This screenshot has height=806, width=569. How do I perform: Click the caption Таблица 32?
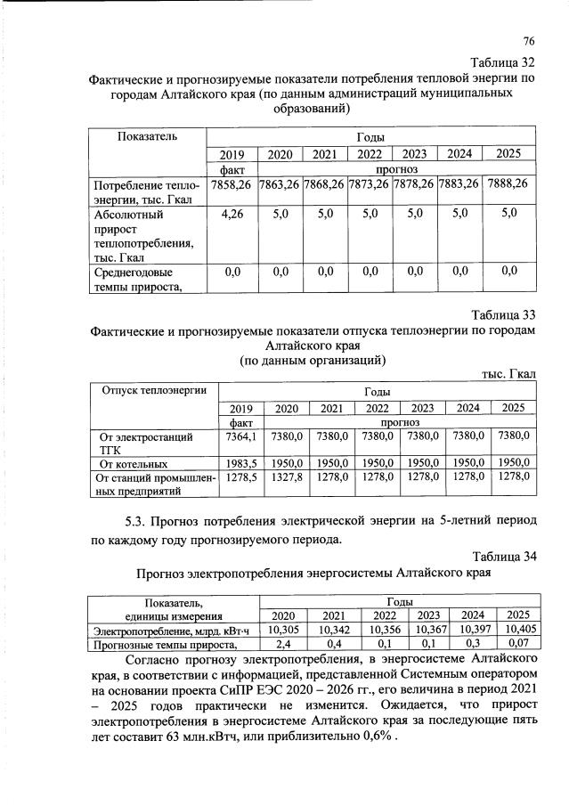pos(503,61)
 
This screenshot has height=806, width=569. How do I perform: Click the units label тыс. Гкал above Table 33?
pos(508,375)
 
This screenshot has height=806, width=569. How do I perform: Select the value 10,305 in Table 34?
pos(281,631)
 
